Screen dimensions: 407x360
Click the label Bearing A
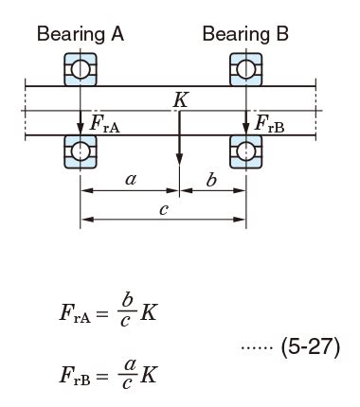80,35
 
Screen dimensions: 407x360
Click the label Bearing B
245,35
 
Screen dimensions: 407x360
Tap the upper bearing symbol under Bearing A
81,69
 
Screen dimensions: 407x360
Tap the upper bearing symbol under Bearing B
245,69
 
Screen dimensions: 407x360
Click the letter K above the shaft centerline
180,99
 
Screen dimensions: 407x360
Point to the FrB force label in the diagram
269,123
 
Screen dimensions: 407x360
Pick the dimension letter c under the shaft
164,210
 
